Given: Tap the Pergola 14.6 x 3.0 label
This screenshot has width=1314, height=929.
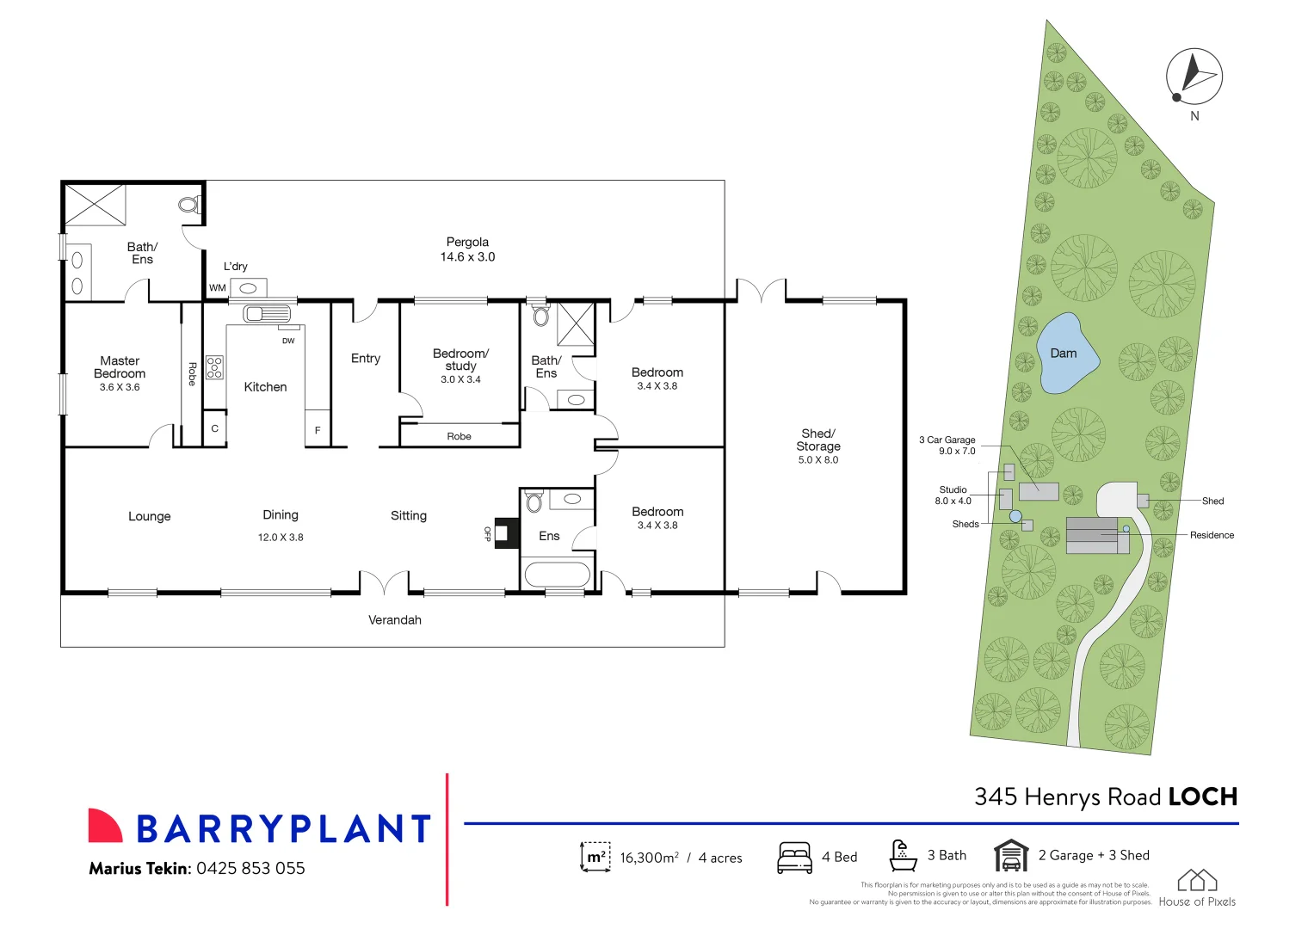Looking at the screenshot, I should tap(467, 249).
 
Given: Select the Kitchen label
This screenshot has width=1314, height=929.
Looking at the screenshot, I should tap(265, 387).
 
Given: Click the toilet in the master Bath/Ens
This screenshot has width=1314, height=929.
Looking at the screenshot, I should tap(188, 205).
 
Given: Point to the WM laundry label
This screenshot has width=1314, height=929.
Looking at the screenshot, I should tap(217, 288).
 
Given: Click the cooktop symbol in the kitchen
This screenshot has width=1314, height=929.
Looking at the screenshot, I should tap(214, 367).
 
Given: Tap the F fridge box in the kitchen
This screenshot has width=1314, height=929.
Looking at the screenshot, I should tap(318, 429).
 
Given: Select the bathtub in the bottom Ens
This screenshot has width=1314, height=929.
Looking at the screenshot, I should tap(557, 573).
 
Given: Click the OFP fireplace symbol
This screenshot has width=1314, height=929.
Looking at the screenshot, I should tap(507, 533).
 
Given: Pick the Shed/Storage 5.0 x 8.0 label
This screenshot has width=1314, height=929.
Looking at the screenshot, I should tap(817, 446).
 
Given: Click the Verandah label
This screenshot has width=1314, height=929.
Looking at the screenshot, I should tap(395, 619).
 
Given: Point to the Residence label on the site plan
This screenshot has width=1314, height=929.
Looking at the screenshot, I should tap(1212, 535).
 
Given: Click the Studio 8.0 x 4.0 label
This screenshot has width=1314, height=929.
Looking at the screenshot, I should tap(953, 495).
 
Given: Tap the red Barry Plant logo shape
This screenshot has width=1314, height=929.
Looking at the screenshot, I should tap(105, 825).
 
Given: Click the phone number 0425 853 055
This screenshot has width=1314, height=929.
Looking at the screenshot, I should tap(250, 868).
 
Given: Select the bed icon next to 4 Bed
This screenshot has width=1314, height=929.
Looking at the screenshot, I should tap(794, 858).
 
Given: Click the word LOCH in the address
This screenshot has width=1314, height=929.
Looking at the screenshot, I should tap(1202, 797).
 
